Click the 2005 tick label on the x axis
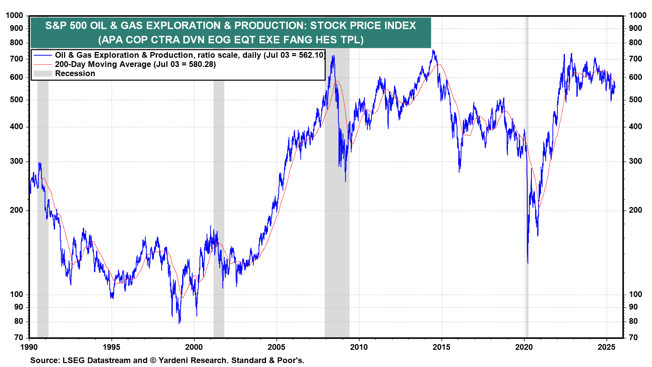(x=276, y=347)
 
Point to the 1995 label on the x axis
(x=111, y=347)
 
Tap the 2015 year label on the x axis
(x=441, y=347)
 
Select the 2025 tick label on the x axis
(x=606, y=347)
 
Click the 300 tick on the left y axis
(x=16, y=161)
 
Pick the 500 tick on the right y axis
(x=635, y=100)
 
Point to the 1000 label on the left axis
(x=15, y=15)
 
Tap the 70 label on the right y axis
(x=633, y=337)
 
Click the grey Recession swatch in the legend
(x=43, y=73)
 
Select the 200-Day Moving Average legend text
(x=103, y=64)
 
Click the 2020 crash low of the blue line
(x=528, y=263)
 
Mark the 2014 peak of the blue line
(x=433, y=50)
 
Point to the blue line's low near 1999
(x=179, y=323)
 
